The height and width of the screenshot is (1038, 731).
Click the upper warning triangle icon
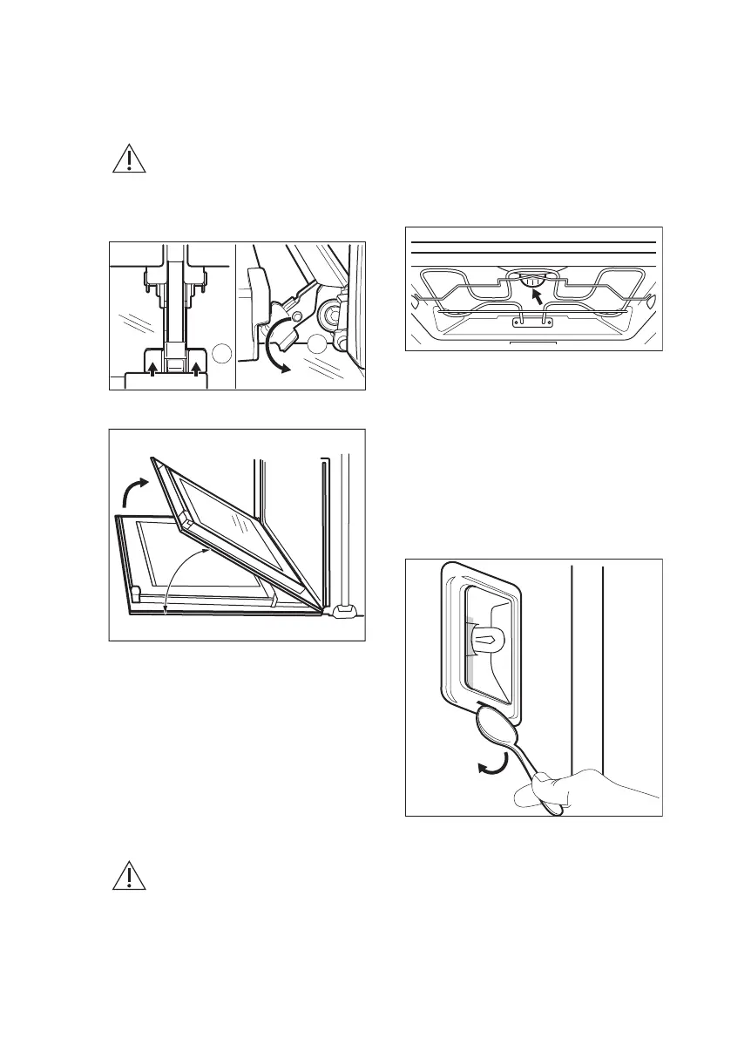tap(128, 159)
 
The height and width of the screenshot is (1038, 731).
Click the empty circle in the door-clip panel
tap(222, 353)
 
